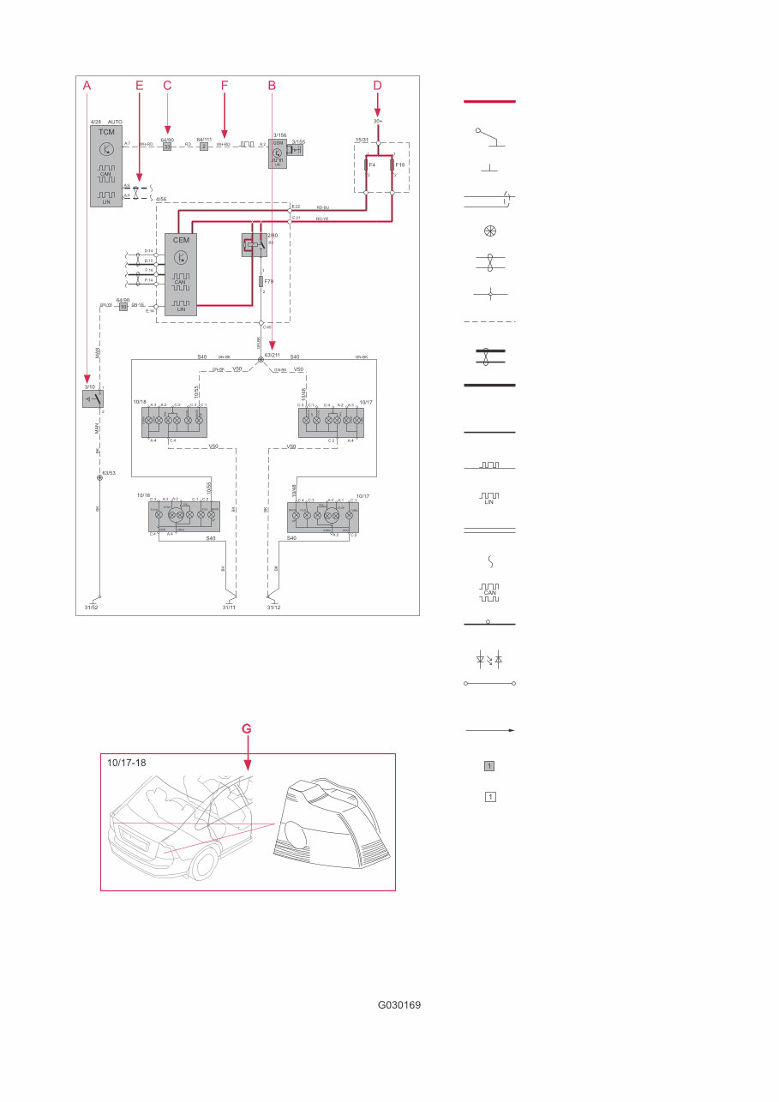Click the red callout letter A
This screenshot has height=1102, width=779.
(87, 86)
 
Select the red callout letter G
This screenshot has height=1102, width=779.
(247, 728)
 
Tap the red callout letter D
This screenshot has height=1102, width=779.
(377, 86)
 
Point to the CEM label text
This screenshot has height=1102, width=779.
(181, 240)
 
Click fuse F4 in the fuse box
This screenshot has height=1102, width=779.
(367, 164)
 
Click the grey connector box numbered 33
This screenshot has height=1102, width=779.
(167, 147)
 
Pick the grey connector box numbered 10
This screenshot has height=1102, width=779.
(123, 306)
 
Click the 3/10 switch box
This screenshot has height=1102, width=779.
(93, 398)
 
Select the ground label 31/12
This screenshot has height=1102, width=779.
(273, 608)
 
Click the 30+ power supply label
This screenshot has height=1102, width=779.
(377, 121)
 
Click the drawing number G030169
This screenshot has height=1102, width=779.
(399, 1005)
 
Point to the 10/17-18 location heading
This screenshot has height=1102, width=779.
(127, 762)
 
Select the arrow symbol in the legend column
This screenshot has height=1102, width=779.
(489, 731)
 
